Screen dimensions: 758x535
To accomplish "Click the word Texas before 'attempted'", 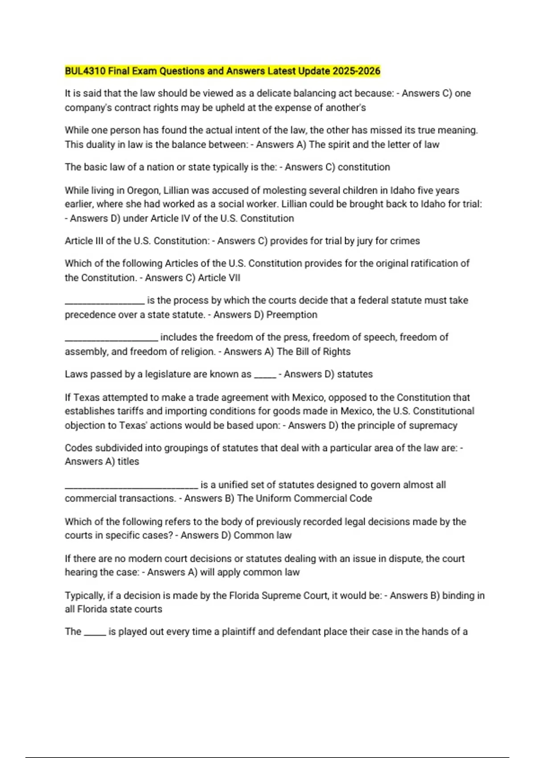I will pos(87,397).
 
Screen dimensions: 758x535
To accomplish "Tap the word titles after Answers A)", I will pos(128,461).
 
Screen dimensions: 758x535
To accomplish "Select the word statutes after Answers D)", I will pos(355,374).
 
